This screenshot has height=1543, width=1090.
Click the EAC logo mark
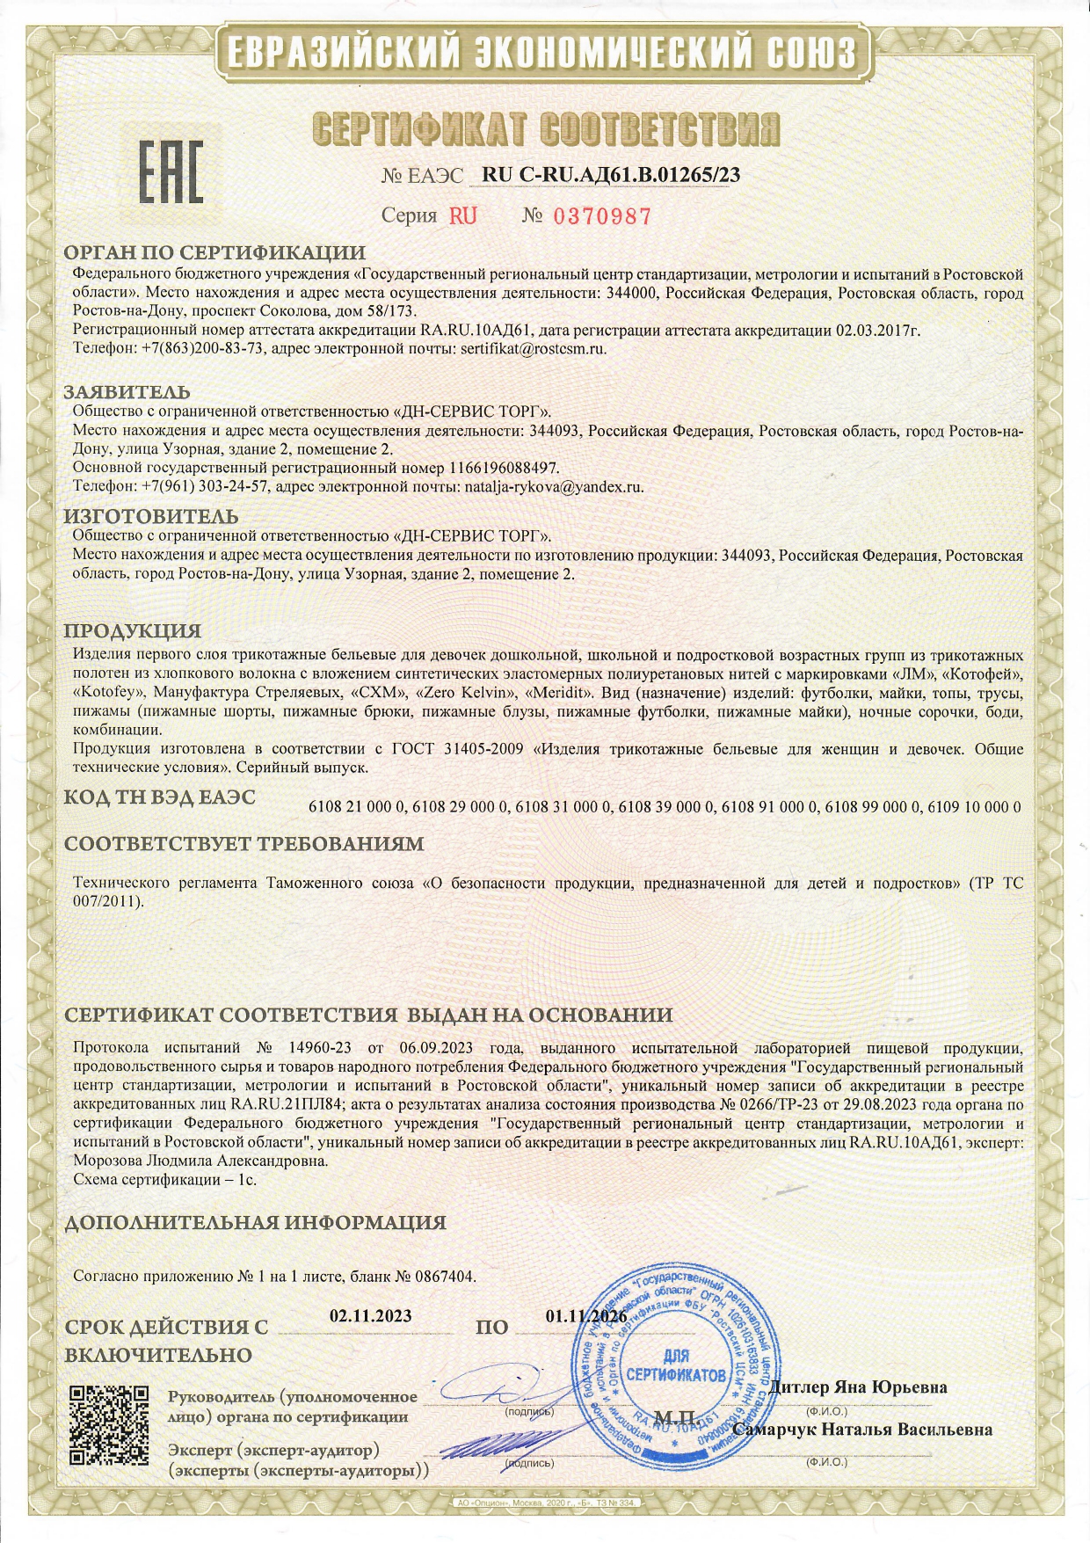click(x=171, y=171)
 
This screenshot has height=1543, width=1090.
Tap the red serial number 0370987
click(x=600, y=216)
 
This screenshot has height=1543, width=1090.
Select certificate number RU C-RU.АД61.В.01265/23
click(x=611, y=175)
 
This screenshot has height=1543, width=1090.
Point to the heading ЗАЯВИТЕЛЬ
click(x=127, y=392)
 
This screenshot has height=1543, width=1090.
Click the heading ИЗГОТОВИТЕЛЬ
click(x=151, y=516)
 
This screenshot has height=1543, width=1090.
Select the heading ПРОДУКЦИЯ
click(x=133, y=630)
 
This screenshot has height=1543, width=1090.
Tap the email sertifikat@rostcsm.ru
click(x=534, y=348)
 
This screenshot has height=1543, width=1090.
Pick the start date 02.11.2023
click(x=370, y=1316)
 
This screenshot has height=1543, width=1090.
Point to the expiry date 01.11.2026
click(x=585, y=1316)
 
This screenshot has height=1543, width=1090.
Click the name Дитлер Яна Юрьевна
click(x=857, y=1387)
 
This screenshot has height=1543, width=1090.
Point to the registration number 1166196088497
click(x=504, y=467)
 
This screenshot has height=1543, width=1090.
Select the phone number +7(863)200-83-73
click(x=203, y=348)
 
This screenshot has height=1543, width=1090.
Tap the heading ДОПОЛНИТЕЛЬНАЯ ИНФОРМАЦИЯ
click(x=255, y=1222)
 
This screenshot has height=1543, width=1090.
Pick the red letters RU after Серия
click(x=463, y=216)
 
